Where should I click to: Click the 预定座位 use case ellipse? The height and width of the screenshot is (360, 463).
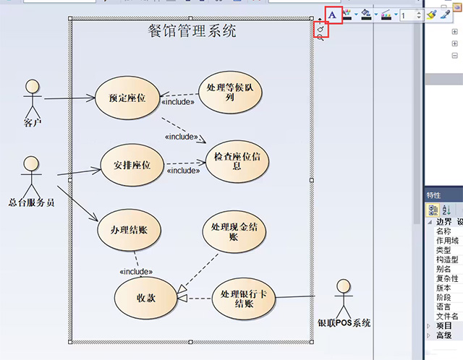[x=127, y=98]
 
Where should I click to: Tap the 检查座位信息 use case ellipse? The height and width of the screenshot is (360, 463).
[x=237, y=160]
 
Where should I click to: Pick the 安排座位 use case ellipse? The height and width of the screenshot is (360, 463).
[x=132, y=165]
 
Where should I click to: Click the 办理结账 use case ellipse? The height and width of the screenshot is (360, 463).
[x=129, y=229]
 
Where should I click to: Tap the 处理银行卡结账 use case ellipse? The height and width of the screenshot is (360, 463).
[x=244, y=298]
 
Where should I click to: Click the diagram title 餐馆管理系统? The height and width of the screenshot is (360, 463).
[x=191, y=31]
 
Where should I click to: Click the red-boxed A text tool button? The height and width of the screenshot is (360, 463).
[x=332, y=14]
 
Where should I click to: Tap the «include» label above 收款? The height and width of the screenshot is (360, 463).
[x=135, y=272]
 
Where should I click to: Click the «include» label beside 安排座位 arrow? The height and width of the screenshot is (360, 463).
[x=183, y=171]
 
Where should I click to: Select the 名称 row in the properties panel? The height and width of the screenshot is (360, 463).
[x=443, y=231]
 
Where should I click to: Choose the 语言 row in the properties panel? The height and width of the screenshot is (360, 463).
[x=443, y=307]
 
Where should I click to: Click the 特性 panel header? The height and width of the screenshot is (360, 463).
[x=434, y=195]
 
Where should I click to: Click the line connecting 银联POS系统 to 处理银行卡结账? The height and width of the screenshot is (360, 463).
[x=304, y=297]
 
